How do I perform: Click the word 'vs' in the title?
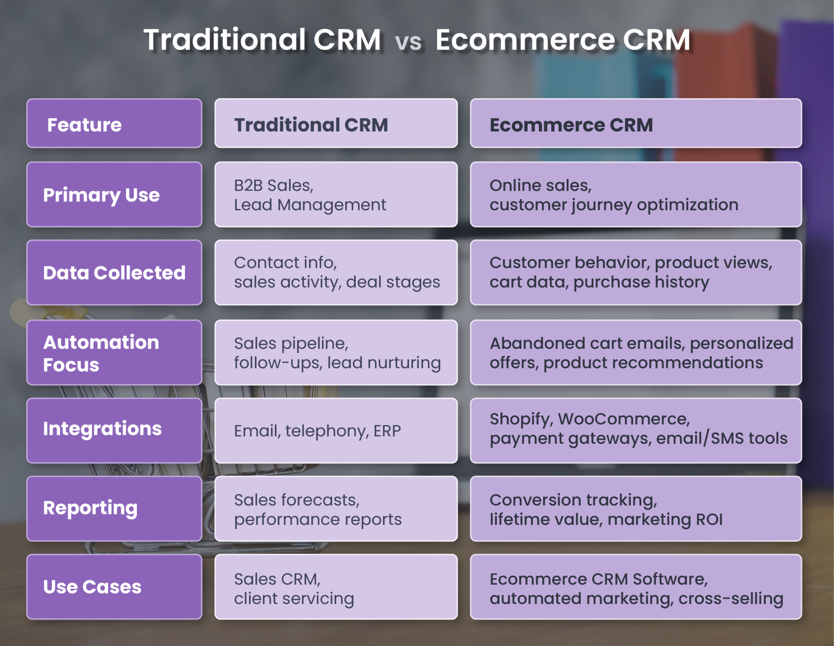point(408,42)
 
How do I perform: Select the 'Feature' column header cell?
point(114,123)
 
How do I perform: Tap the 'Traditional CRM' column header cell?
point(336,123)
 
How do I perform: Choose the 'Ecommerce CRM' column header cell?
point(635,123)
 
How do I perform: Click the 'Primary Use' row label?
point(114,195)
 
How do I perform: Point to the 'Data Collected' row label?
point(114,273)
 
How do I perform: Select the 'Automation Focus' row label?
point(114,353)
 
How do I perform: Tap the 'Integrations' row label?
point(114,430)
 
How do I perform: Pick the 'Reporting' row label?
point(114,508)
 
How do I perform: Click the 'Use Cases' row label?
point(114,586)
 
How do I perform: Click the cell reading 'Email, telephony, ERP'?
point(336,431)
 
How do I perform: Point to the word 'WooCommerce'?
point(623,419)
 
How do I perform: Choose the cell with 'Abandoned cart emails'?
point(635,353)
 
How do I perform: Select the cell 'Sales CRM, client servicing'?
point(336,587)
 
